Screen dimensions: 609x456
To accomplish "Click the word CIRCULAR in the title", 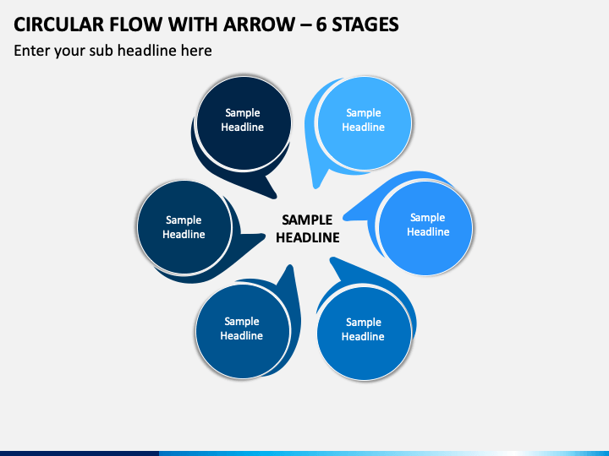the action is point(59,24).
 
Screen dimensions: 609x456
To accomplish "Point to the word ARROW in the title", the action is point(259,24).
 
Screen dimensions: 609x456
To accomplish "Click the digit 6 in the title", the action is point(321,24).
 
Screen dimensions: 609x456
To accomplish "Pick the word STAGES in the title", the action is point(365,24).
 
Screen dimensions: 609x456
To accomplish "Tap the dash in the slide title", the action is point(305,25).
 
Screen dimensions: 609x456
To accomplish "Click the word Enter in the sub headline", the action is point(32,51).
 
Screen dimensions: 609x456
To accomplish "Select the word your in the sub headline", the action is point(69,52).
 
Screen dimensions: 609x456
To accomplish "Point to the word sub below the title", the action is point(101,51).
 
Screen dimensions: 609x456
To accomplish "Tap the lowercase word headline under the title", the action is point(147,51).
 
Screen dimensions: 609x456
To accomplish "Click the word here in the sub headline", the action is point(196,51).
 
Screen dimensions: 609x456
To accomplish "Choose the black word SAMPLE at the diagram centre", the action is point(307,220).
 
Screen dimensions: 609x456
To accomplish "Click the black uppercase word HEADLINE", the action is point(308,237).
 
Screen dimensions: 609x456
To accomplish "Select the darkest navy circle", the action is point(244,123).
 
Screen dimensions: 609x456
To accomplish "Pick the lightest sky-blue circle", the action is point(365,123).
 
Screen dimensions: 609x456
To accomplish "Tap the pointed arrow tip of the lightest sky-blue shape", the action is point(315,187).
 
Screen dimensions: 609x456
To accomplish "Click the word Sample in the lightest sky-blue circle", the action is point(364,113).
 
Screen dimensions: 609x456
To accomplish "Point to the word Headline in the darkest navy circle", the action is point(243,128).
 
